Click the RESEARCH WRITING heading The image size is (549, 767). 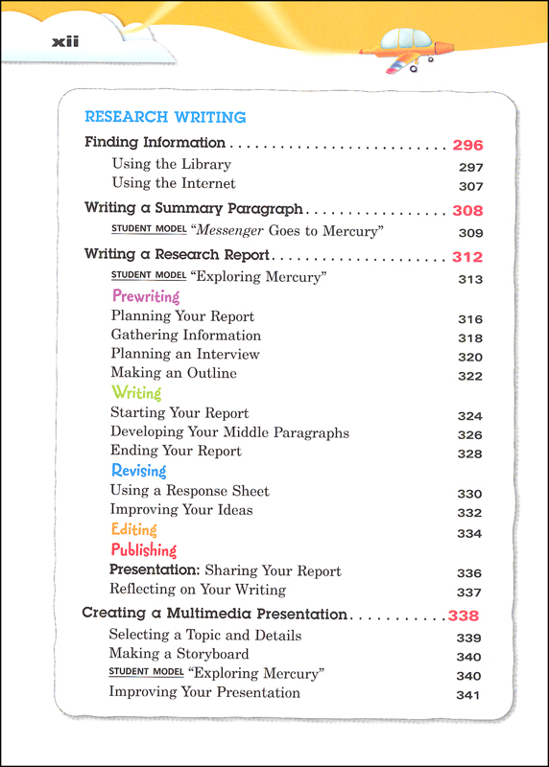tap(165, 117)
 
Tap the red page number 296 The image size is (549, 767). tap(467, 146)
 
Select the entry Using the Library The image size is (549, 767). tap(172, 164)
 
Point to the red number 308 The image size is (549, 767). tap(467, 211)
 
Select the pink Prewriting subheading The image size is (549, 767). tap(145, 296)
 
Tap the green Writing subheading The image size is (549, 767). tap(136, 393)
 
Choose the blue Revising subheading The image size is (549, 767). tap(138, 471)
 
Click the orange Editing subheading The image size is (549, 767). tap(133, 529)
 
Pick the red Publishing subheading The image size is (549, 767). tap(144, 550)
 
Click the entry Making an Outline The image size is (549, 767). tap(173, 373)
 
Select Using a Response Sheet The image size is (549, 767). tap(189, 491)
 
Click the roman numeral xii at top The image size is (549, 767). tap(63, 40)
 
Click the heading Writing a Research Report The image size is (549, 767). tap(177, 256)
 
